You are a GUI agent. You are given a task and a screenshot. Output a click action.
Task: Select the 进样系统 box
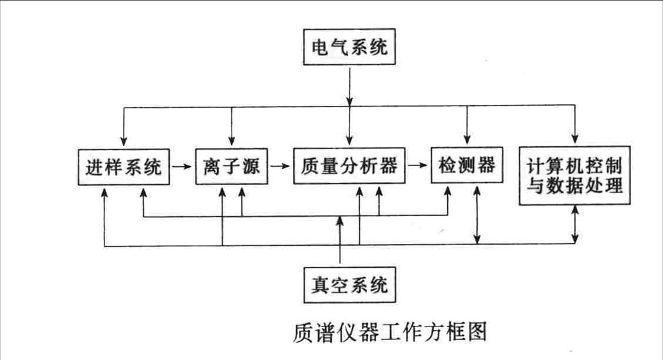click(124, 167)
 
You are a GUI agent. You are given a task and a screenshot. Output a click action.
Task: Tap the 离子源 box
click(231, 167)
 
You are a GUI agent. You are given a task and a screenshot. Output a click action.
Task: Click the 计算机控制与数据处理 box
click(575, 175)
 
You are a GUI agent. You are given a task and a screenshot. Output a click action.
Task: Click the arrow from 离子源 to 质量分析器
click(280, 167)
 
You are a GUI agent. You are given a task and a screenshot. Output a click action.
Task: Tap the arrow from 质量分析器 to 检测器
click(418, 167)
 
